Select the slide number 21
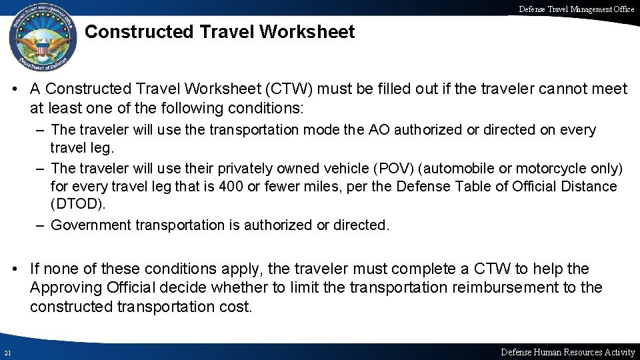6,352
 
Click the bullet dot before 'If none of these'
14,269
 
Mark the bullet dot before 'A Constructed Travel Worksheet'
14,89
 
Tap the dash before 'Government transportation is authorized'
41,225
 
